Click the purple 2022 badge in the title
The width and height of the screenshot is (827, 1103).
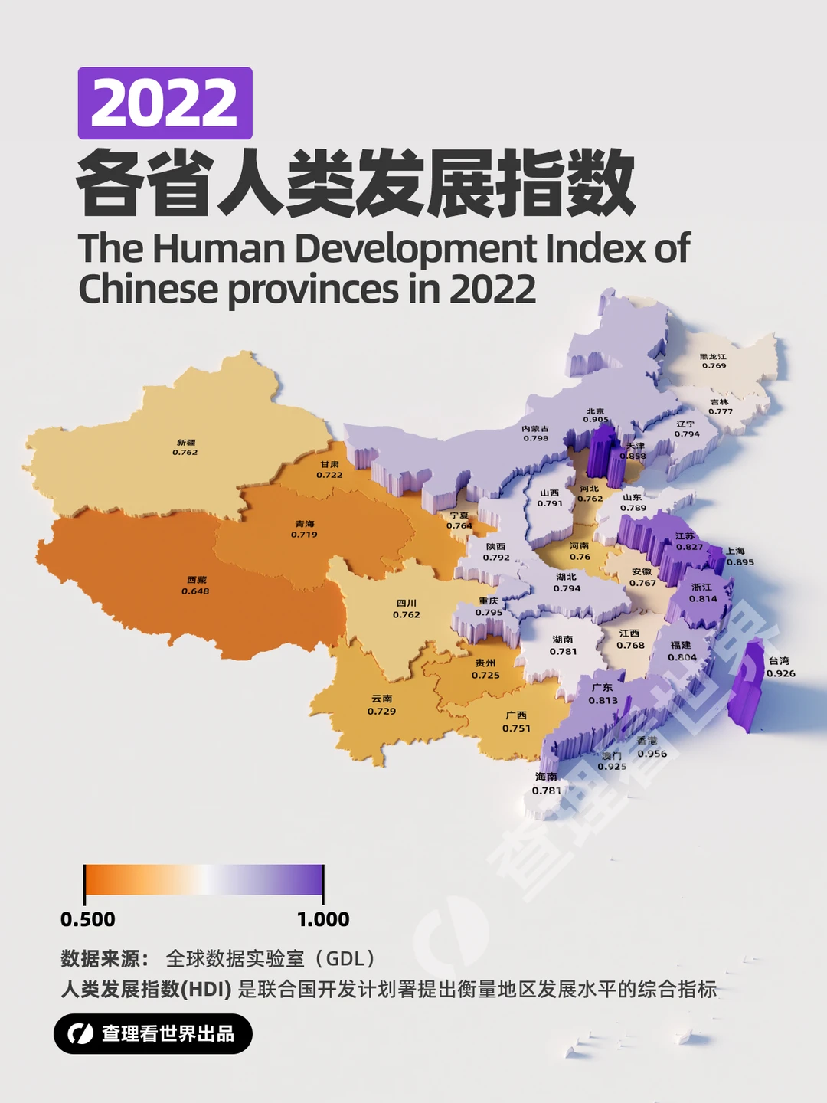(x=165, y=103)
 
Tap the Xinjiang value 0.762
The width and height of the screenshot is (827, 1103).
(x=185, y=453)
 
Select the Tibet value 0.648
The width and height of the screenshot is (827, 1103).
(x=195, y=591)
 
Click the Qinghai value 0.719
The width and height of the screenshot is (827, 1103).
(x=304, y=535)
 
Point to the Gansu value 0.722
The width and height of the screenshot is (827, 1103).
(x=329, y=476)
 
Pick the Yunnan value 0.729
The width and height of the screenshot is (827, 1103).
(x=381, y=712)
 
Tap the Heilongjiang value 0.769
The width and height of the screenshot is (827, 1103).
(x=714, y=366)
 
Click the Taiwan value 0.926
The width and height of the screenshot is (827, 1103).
(x=780, y=674)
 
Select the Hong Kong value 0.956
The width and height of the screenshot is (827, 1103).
(x=652, y=754)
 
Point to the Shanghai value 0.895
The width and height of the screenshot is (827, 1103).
(x=740, y=562)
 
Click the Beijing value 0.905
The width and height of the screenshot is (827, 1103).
(x=596, y=420)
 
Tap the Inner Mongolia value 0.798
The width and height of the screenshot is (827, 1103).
(x=535, y=439)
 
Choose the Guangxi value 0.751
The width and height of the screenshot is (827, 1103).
(x=516, y=728)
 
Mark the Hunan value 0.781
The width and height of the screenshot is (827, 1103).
(x=563, y=652)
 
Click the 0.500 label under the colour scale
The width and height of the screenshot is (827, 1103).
(x=88, y=919)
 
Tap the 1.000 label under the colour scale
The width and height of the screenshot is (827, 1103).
(x=323, y=919)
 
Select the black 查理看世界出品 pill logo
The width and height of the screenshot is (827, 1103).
(x=152, y=1033)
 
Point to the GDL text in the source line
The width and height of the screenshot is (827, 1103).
(x=345, y=959)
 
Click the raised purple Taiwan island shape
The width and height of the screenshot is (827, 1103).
(x=746, y=686)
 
